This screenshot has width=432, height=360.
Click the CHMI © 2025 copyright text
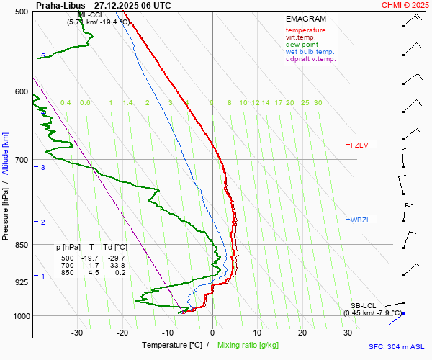(404, 5)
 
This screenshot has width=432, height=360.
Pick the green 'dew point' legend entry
(302, 45)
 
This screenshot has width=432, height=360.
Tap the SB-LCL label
(364, 305)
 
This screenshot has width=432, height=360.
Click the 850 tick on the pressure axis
(22, 246)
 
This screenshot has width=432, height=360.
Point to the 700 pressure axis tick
(22, 160)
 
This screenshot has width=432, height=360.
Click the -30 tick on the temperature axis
(78, 333)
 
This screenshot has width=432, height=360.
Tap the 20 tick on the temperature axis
(302, 333)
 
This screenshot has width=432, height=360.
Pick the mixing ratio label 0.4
(66, 103)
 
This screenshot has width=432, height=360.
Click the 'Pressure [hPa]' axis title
(6, 209)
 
